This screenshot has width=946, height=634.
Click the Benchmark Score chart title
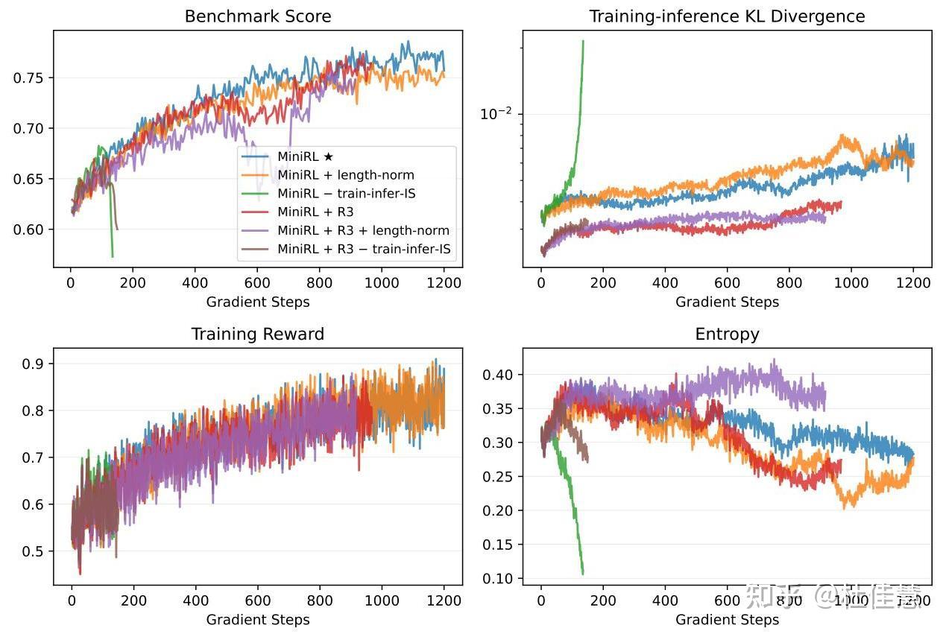point(258,16)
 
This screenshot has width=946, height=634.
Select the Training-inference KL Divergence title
point(727,16)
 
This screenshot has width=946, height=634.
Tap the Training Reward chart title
point(258,334)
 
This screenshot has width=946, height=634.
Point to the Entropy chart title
point(727,334)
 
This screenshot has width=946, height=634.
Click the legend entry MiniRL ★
point(306,157)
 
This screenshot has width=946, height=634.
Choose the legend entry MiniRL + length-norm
point(345,176)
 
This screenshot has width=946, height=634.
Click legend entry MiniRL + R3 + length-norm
point(363,231)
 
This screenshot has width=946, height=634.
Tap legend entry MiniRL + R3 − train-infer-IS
point(366,249)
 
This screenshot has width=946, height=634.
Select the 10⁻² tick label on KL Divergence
point(496,113)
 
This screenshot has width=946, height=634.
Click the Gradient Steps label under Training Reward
point(258,619)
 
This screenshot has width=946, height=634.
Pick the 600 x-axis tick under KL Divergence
point(727,283)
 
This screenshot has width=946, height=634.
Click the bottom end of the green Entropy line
point(582,574)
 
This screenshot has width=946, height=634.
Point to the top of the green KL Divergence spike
point(582,42)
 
